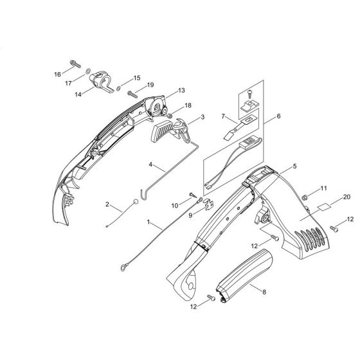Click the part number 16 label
tap(57, 75)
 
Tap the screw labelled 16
tap(75, 64)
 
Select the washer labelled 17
tap(87, 71)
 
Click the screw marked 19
tap(132, 94)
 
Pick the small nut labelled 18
tap(170, 115)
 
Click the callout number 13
tap(181, 91)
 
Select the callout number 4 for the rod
tap(150, 165)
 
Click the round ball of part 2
tap(136, 202)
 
